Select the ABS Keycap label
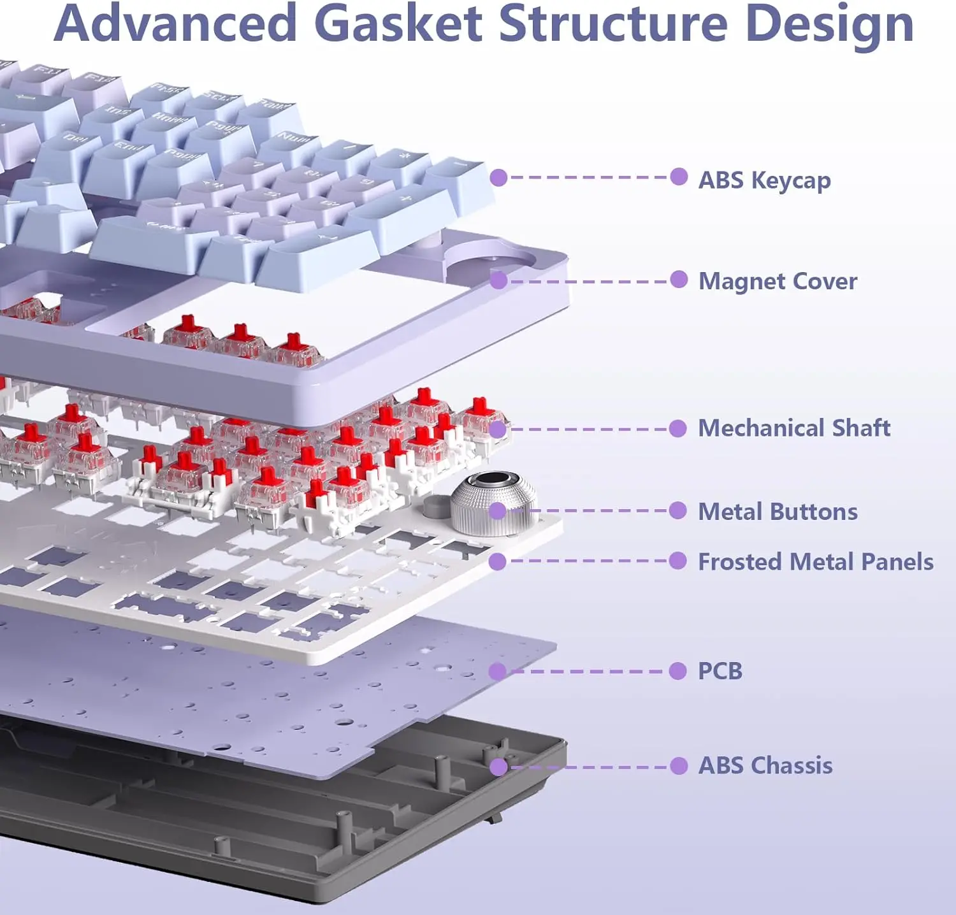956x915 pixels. [764, 180]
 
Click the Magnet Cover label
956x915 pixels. [778, 281]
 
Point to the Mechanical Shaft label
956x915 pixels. [793, 428]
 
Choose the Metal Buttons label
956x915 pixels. [778, 512]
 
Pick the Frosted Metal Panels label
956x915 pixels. [815, 562]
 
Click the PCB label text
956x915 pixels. [720, 671]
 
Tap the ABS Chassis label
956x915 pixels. [765, 765]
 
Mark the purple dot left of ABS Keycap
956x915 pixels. [679, 177]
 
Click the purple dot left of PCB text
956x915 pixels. [678, 671]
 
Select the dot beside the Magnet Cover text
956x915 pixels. [679, 280]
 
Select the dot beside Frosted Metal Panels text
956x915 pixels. [678, 561]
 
